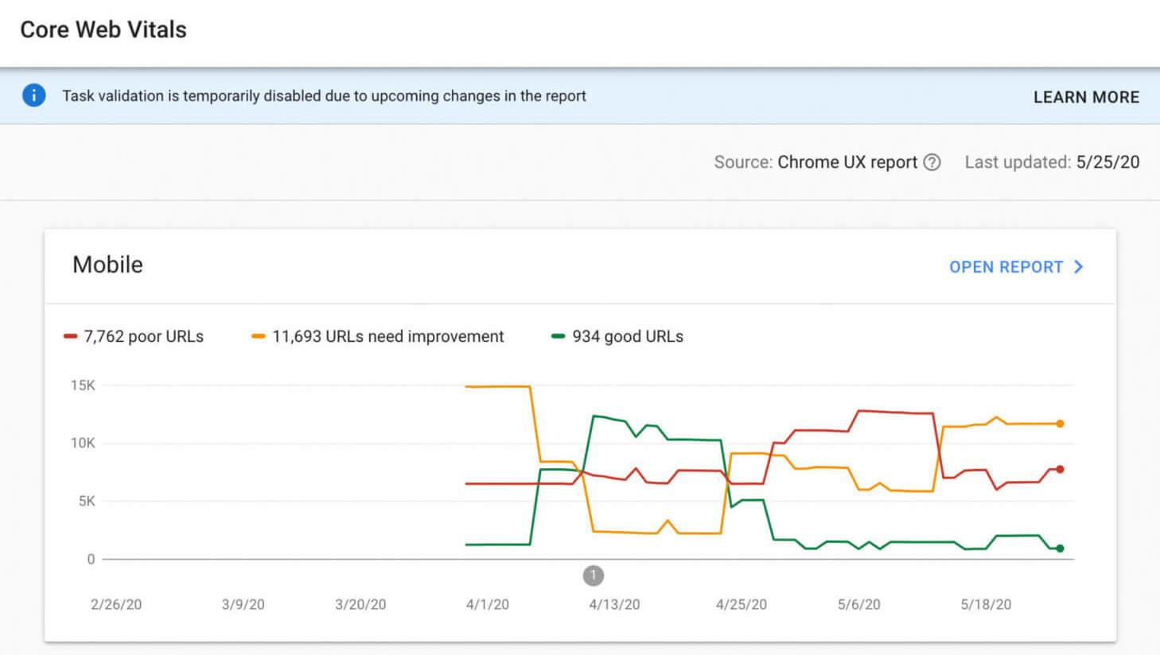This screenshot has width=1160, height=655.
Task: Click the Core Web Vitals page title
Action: point(103,30)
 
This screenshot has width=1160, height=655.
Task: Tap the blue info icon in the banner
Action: point(33,95)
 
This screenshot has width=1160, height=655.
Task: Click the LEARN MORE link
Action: point(1086,97)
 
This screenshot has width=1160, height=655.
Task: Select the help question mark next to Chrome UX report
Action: point(932,162)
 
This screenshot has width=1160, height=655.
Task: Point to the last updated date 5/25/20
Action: point(1107,162)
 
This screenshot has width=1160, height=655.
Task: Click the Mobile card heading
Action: point(107,265)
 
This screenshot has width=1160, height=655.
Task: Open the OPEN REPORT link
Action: point(1015,267)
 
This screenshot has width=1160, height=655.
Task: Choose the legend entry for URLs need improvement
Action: point(378,336)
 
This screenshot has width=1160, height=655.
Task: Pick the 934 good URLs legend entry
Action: point(617,336)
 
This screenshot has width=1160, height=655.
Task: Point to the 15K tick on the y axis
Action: point(83,386)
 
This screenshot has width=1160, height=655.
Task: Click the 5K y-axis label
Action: point(86,501)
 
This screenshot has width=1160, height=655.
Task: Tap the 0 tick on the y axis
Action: point(91,559)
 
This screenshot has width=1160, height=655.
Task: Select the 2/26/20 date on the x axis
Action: point(116,604)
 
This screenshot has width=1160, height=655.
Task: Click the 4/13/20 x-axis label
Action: point(614,604)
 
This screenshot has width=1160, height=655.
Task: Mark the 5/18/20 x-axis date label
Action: point(986,604)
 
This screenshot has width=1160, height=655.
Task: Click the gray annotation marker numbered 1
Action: point(594,575)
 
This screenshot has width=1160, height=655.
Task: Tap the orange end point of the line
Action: point(1060,424)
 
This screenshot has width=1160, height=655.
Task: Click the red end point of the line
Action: point(1060,469)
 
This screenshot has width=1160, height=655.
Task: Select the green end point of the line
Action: point(1060,548)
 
